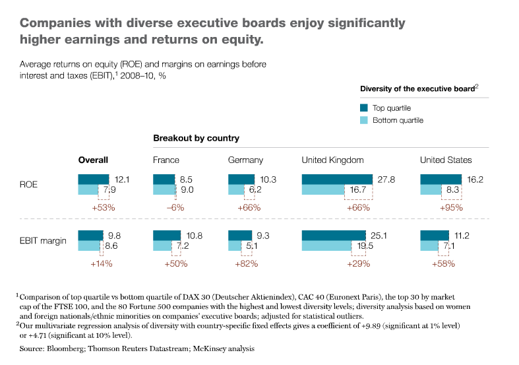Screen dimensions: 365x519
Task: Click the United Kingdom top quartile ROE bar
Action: click(337, 179)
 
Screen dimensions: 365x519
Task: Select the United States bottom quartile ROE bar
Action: click(440, 190)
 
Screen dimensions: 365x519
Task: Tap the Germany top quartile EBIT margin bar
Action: click(239, 235)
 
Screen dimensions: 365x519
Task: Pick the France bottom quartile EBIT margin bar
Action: click(162, 246)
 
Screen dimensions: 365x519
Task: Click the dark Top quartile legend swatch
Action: click(363, 108)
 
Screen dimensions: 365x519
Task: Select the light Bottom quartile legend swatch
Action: click(363, 120)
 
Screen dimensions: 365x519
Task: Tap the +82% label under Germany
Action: click(246, 263)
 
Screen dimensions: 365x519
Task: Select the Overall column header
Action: click(93, 160)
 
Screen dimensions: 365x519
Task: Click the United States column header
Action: click(446, 160)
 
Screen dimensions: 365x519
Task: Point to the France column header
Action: click(166, 160)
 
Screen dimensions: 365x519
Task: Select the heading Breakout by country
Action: click(196, 139)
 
